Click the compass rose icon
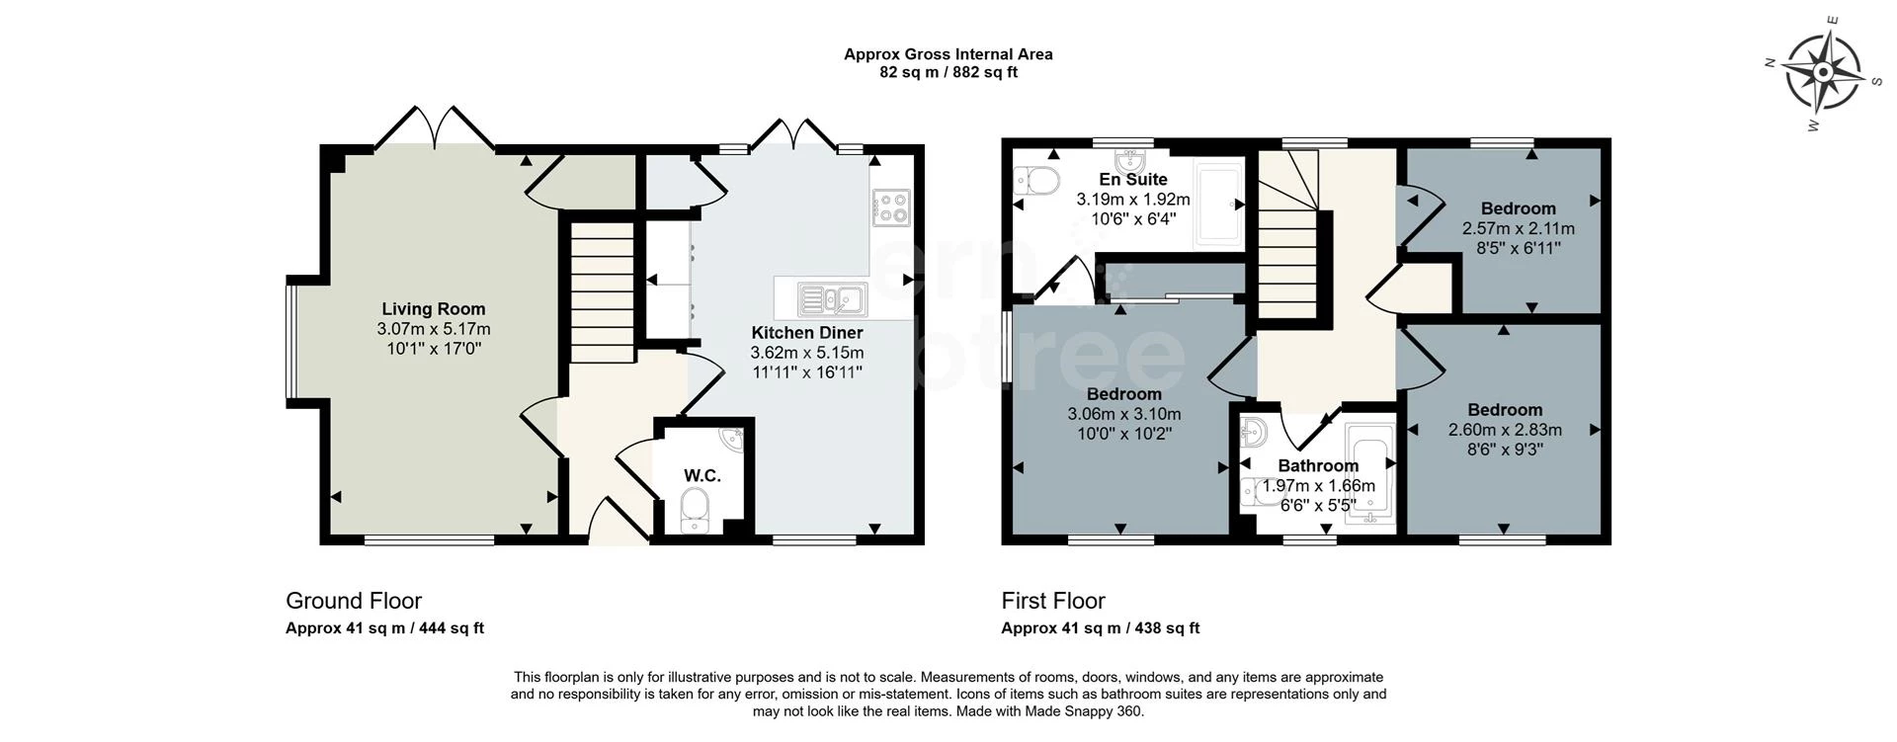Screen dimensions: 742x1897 tap(1823, 72)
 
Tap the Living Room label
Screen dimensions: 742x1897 tap(433, 309)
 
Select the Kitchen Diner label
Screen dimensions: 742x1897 tap(806, 333)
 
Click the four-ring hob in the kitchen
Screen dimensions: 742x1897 tap(891, 206)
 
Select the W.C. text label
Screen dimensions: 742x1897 tap(701, 476)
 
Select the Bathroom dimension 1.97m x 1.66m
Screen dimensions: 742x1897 tap(1318, 486)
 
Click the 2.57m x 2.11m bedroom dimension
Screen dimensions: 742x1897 tap(1518, 228)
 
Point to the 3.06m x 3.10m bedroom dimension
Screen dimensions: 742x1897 tap(1123, 414)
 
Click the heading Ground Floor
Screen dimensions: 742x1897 tap(353, 601)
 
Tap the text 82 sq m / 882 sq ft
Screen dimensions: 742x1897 tap(948, 72)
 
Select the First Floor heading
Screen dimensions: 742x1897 tap(1052, 601)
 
